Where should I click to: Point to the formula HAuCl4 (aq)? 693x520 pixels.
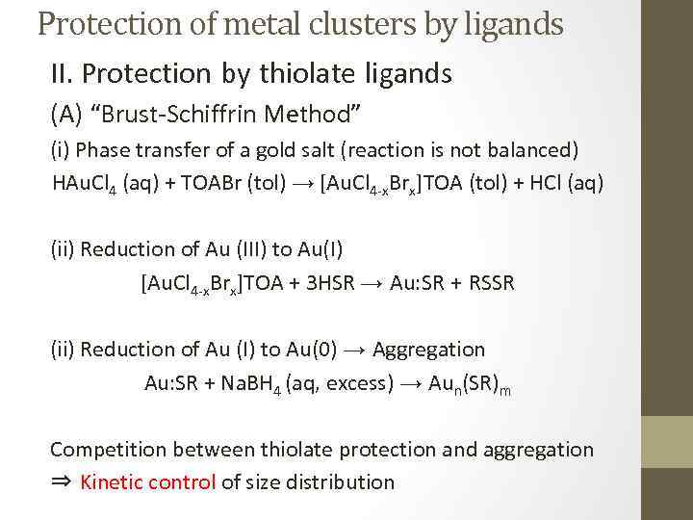(x=106, y=184)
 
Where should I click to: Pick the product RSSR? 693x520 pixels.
(x=488, y=283)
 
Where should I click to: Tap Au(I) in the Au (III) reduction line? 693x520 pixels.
(x=321, y=248)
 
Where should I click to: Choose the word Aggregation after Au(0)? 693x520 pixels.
(x=428, y=349)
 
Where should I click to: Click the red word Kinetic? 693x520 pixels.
(x=113, y=481)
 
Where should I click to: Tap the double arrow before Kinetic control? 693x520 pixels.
(x=61, y=481)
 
